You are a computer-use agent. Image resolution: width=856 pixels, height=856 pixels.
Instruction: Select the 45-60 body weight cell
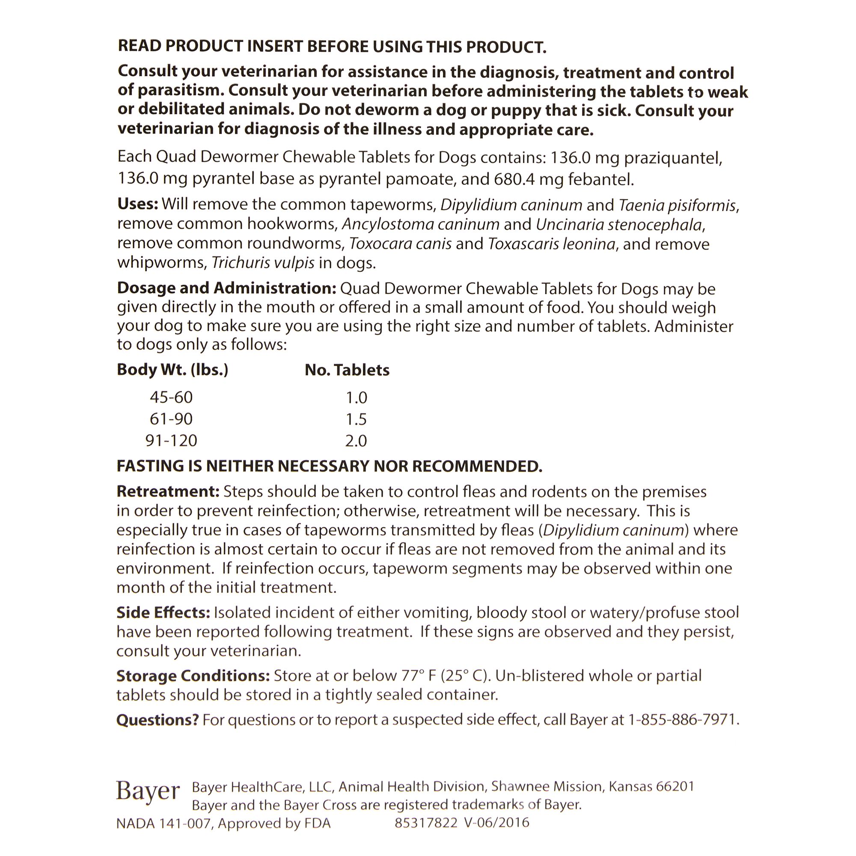pyautogui.click(x=172, y=397)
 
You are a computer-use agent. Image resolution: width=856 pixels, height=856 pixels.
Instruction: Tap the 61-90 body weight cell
pyautogui.click(x=172, y=419)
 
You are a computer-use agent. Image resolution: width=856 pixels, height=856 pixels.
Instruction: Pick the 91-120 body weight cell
pyautogui.click(x=172, y=440)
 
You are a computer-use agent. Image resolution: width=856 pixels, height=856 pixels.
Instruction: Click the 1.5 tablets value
pyautogui.click(x=356, y=419)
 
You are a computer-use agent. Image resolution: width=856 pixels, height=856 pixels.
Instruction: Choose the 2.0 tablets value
pyautogui.click(x=356, y=441)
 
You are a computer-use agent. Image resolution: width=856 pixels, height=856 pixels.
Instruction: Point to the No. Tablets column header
pyautogui.click(x=347, y=370)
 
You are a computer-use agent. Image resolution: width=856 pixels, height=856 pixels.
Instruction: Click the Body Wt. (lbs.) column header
pyautogui.click(x=172, y=370)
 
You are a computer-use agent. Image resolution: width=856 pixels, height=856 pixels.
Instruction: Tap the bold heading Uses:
pyautogui.click(x=137, y=204)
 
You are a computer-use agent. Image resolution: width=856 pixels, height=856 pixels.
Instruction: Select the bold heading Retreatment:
pyautogui.click(x=168, y=491)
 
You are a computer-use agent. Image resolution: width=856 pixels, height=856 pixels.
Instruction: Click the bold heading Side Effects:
pyautogui.click(x=163, y=612)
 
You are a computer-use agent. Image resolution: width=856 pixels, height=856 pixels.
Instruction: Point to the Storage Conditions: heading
pyautogui.click(x=193, y=676)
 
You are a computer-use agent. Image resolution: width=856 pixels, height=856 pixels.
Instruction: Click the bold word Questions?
pyautogui.click(x=157, y=720)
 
